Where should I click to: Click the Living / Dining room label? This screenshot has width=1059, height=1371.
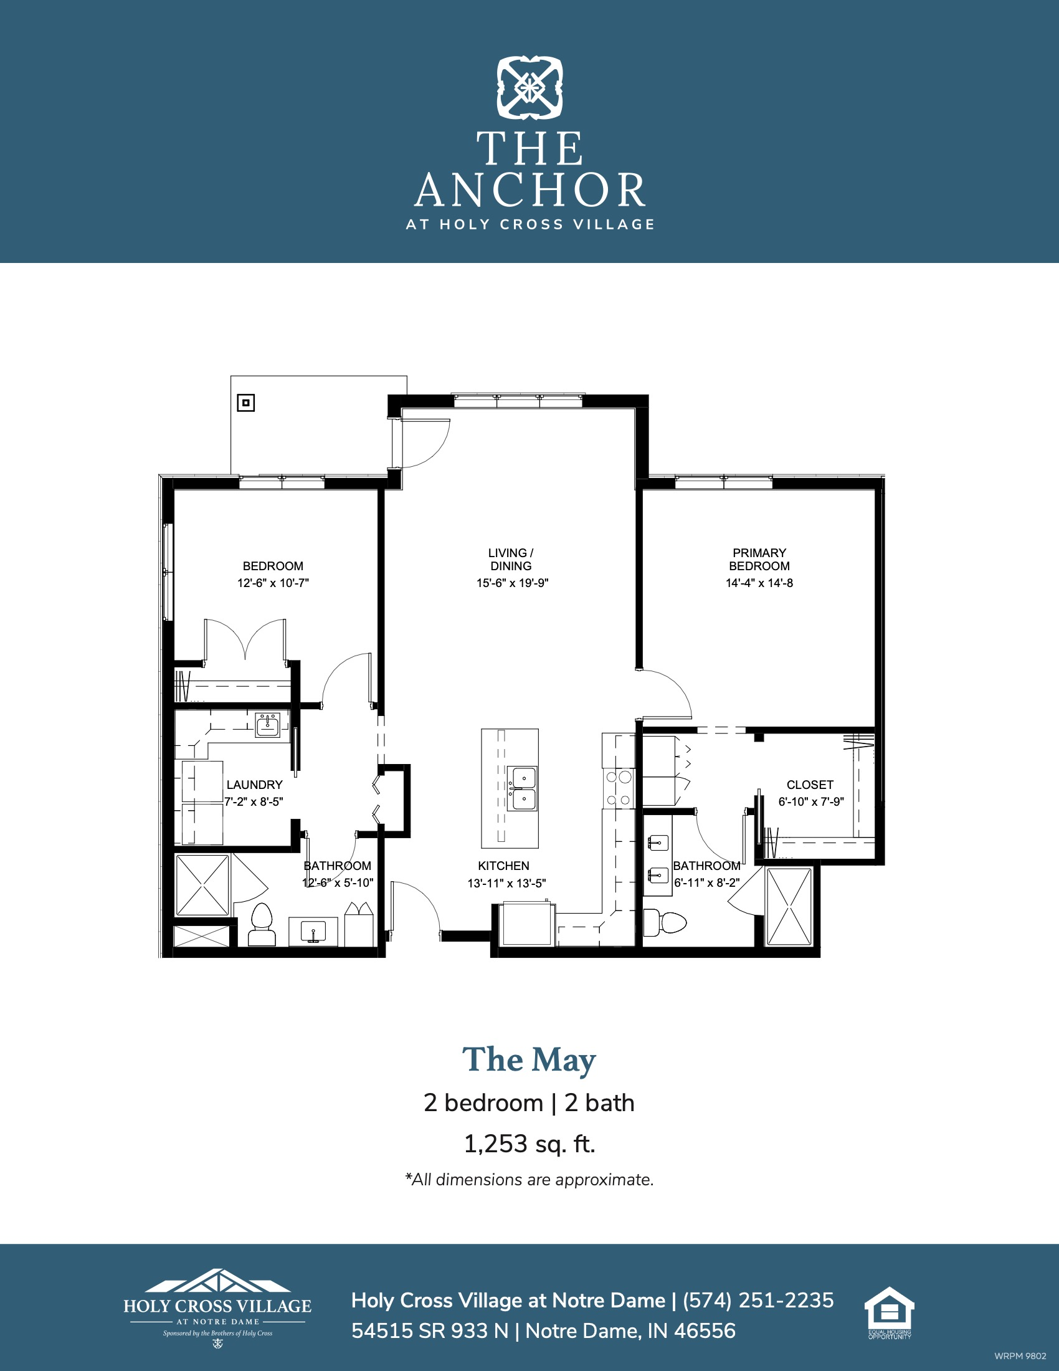pyautogui.click(x=511, y=560)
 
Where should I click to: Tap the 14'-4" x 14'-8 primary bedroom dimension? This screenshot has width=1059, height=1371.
pyautogui.click(x=759, y=583)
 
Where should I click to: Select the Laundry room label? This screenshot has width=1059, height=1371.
pyautogui.click(x=254, y=785)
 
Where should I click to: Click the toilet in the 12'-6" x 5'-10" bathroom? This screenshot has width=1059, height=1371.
pyautogui.click(x=262, y=925)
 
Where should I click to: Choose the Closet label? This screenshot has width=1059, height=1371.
pyautogui.click(x=810, y=785)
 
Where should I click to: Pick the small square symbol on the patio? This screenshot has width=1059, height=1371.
pyautogui.click(x=246, y=403)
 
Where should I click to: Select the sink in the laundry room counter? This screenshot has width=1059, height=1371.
pyautogui.click(x=268, y=725)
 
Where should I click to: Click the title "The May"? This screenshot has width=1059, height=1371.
pyautogui.click(x=529, y=1060)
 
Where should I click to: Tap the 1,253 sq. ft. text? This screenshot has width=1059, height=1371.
pyautogui.click(x=529, y=1144)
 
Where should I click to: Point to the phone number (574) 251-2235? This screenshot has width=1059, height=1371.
pyautogui.click(x=758, y=1301)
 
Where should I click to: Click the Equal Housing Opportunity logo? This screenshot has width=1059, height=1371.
pyautogui.click(x=890, y=1312)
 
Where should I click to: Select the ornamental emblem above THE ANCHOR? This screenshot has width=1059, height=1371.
pyautogui.click(x=529, y=88)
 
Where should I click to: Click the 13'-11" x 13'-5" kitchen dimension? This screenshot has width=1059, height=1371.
pyautogui.click(x=506, y=883)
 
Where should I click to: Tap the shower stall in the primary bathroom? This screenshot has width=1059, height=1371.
pyautogui.click(x=789, y=907)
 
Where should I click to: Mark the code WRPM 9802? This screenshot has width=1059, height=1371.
pyautogui.click(x=1020, y=1356)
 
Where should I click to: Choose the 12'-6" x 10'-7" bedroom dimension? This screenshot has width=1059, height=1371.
pyautogui.click(x=273, y=583)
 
